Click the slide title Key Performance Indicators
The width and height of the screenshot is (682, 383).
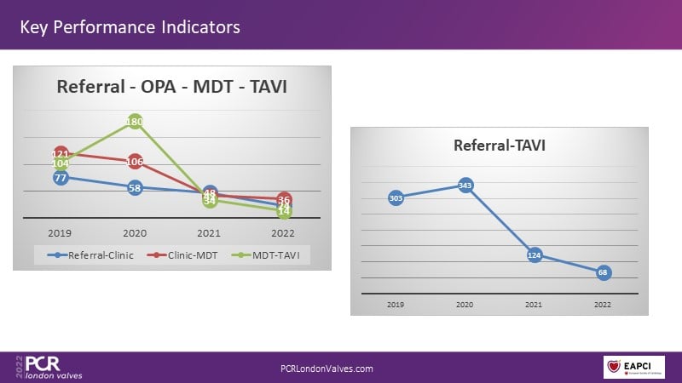[x=130, y=27]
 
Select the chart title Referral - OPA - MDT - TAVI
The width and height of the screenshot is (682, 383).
[x=165, y=86]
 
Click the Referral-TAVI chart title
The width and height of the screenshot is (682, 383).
[x=499, y=145]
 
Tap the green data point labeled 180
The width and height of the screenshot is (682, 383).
[x=135, y=122]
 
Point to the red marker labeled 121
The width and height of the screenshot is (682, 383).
[x=61, y=154]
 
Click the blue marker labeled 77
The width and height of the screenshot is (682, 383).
[x=61, y=178]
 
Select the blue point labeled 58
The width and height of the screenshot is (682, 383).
[x=135, y=187]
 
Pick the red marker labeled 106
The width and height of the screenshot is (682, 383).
[x=135, y=162]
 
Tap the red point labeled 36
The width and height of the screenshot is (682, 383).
[x=284, y=199]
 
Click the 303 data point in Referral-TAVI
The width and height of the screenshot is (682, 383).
[x=396, y=197]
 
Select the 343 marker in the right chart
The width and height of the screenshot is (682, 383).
[x=465, y=185]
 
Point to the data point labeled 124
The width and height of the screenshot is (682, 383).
[x=535, y=255]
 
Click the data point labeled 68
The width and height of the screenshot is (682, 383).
[x=604, y=272]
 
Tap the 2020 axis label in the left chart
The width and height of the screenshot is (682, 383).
[x=135, y=231]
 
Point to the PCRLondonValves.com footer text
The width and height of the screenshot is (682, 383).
[x=327, y=369]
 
